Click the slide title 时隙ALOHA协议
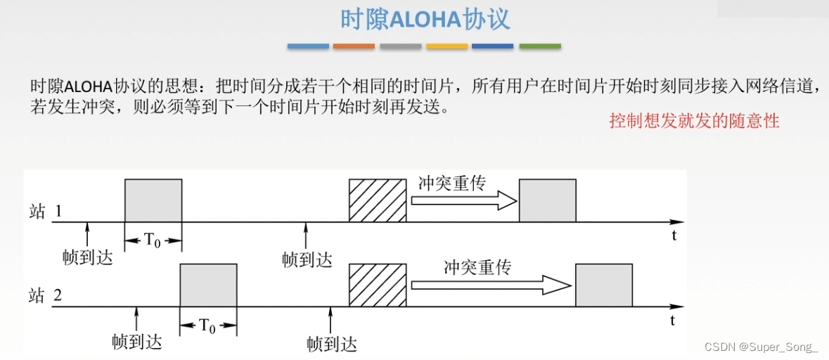point(425,20)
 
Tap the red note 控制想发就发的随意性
point(695,120)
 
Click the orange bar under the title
point(354,46)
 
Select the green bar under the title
point(540,46)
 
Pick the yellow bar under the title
point(446,46)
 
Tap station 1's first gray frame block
point(153,200)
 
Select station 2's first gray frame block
point(208,285)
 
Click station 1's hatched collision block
point(378,200)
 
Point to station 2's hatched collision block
point(378,285)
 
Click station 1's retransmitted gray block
point(547,200)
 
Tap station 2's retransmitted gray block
point(603,285)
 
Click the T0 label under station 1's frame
point(153,241)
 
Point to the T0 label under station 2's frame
point(208,326)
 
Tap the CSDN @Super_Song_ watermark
point(771,347)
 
